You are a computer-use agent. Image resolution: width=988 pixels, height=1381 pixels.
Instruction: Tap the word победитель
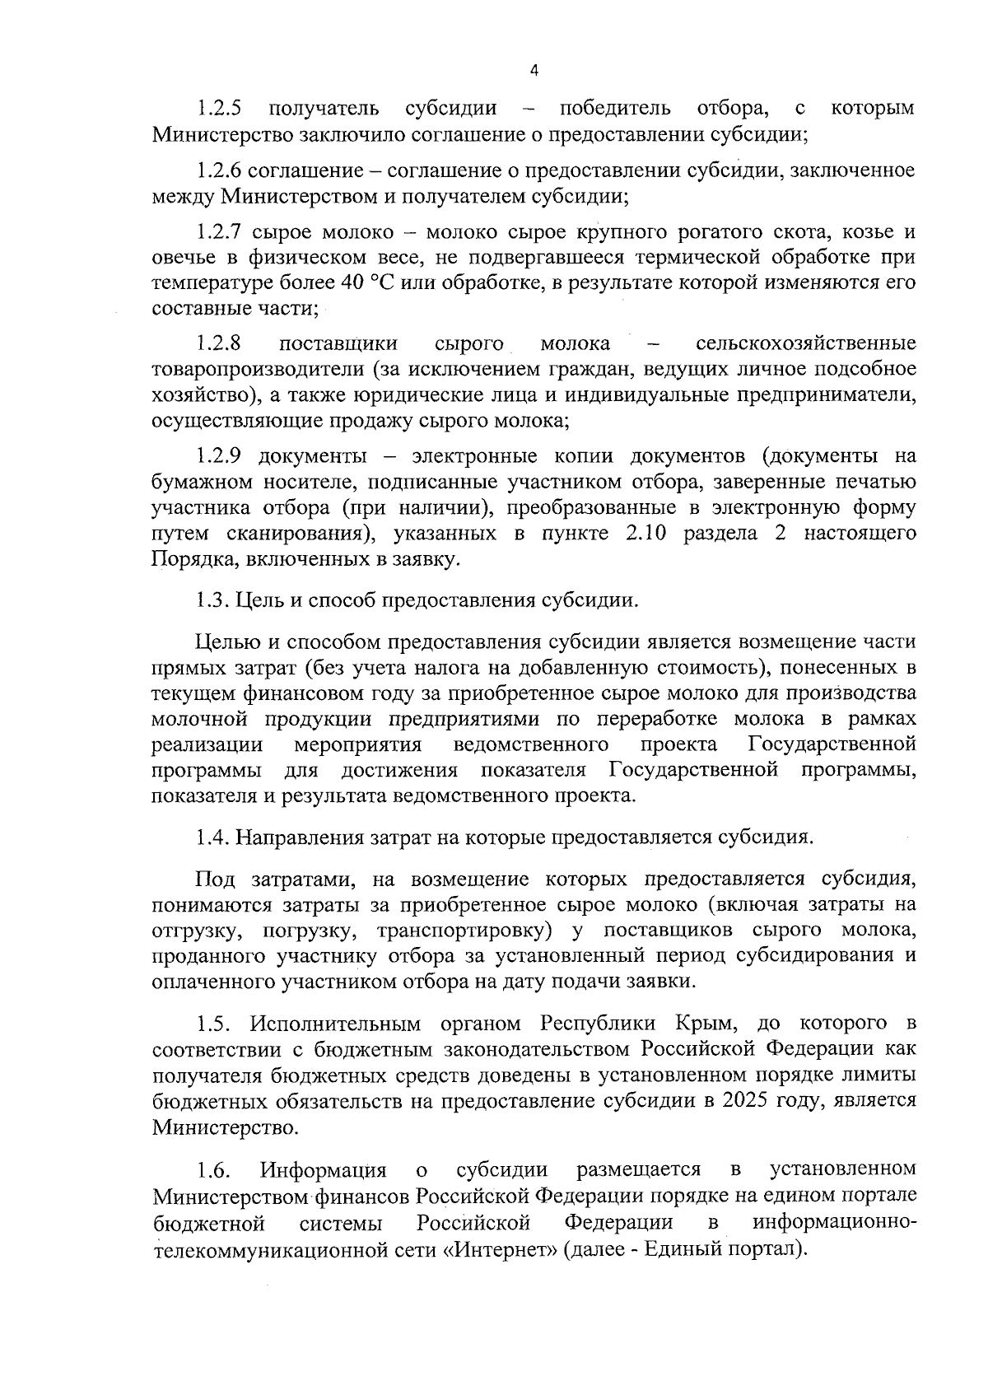pyautogui.click(x=614, y=109)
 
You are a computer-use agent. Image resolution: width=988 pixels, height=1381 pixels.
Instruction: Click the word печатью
pyautogui.click(x=872, y=482)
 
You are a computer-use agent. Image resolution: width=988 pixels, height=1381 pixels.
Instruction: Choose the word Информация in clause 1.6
pyautogui.click(x=323, y=1170)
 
